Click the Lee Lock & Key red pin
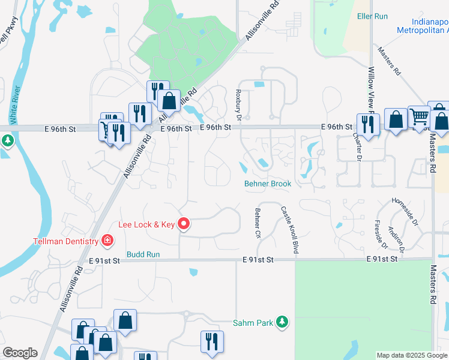[184, 224]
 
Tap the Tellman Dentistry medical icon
[107, 241]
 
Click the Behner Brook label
[268, 184]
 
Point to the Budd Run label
[143, 254]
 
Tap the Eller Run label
[373, 17]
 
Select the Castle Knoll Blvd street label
[289, 230]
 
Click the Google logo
[20, 353]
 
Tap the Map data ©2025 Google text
[412, 355]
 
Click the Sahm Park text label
[254, 323]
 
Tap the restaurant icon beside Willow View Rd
[367, 124]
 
